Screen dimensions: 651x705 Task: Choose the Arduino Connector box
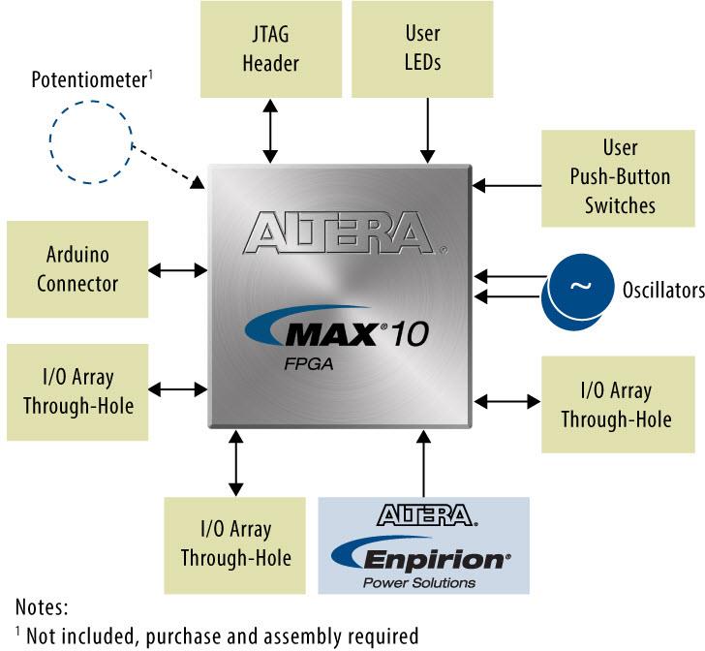[77, 269]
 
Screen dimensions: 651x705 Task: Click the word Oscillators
[663, 289]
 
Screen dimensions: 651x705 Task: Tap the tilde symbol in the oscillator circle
[579, 286]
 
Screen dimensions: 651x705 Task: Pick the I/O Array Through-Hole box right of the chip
[616, 404]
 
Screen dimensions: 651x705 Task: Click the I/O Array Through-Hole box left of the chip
[77, 389]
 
